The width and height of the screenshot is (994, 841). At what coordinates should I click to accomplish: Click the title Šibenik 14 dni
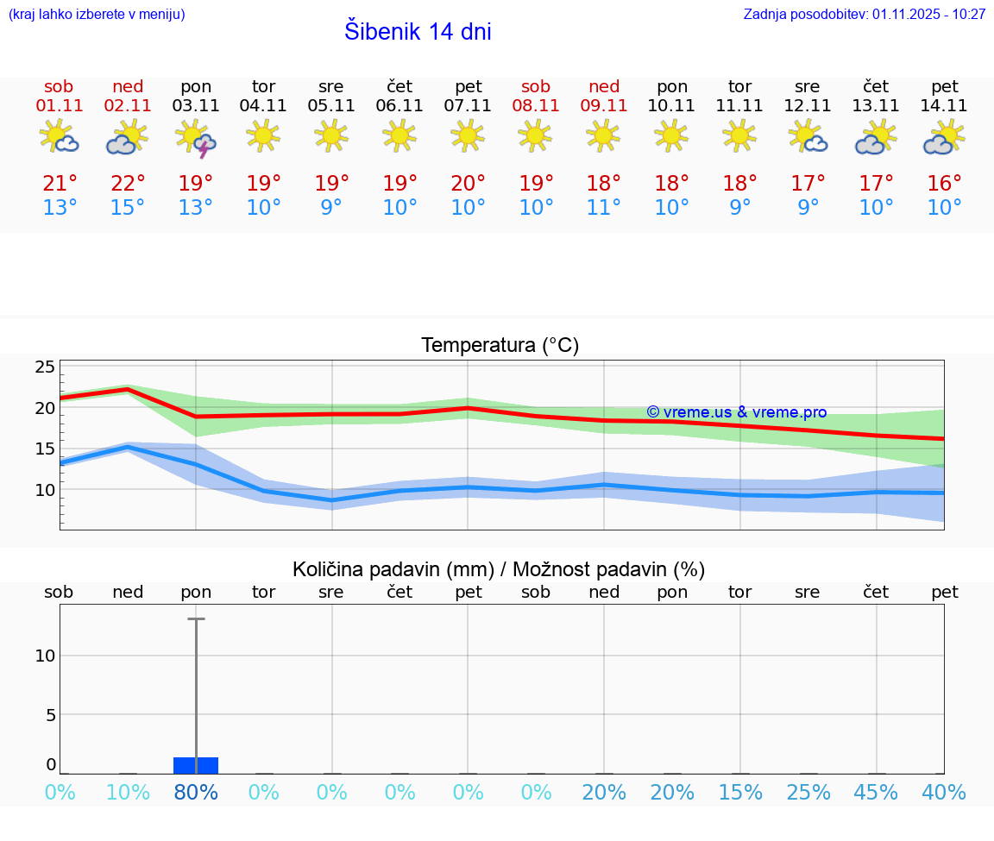(418, 32)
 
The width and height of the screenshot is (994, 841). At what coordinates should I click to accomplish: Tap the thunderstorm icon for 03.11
(196, 138)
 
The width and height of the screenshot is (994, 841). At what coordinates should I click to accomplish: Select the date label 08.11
(536, 106)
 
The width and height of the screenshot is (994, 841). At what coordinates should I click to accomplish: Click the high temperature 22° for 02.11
(128, 184)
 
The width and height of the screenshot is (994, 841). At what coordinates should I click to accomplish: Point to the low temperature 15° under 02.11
(128, 208)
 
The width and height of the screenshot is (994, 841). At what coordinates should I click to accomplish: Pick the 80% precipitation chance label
(196, 793)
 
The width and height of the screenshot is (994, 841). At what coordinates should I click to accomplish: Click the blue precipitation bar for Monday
(196, 765)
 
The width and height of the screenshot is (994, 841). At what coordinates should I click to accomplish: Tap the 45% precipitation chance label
(876, 793)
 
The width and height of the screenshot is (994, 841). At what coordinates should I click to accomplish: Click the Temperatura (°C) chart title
(500, 346)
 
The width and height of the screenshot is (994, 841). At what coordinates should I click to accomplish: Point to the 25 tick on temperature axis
(45, 367)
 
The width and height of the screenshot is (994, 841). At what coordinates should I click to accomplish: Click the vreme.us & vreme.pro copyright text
(736, 412)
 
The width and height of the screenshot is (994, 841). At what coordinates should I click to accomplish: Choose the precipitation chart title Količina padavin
(499, 569)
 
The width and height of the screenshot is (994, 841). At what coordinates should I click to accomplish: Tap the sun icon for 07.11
(468, 135)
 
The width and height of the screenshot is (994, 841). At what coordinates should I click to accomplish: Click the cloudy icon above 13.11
(876, 137)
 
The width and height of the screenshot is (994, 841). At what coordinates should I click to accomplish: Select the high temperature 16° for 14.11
(945, 184)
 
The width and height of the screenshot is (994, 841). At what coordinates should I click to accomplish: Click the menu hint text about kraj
(97, 15)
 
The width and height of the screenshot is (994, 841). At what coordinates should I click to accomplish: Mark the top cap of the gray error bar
(196, 618)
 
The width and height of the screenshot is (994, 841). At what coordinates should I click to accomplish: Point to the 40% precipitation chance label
(944, 793)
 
